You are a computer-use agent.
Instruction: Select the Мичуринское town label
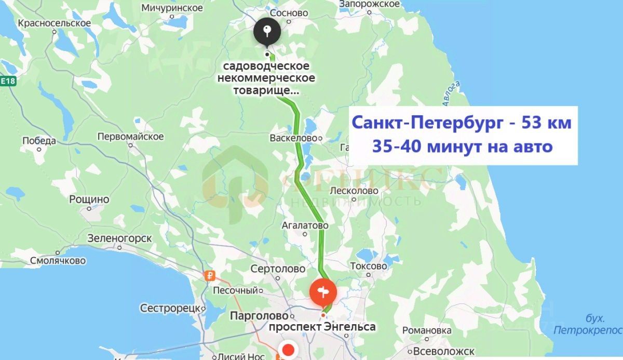pos(171,8)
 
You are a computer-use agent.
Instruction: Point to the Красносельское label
pos(54,23)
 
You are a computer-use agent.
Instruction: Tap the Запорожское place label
pos(369,4)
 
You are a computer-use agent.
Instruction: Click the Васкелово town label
pos(293,139)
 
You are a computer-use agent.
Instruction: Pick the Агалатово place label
pos(305,226)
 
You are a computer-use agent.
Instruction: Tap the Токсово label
pos(369,266)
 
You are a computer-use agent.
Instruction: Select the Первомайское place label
pos(131,137)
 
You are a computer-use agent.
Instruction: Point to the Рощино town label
pos(89,199)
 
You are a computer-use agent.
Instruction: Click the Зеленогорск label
pos(119,238)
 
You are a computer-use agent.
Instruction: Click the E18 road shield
pos(8,82)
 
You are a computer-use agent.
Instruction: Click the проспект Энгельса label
pos(322,327)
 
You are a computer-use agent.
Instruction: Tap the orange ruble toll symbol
pos(210,276)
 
